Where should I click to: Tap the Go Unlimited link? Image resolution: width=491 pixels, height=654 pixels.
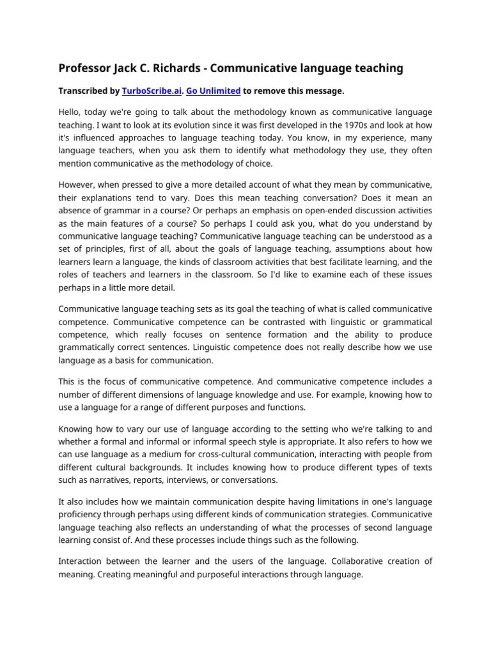click(x=213, y=91)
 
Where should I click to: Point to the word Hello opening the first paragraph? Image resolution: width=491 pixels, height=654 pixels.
click(x=70, y=112)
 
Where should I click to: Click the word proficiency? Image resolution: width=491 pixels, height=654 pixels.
click(x=82, y=514)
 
